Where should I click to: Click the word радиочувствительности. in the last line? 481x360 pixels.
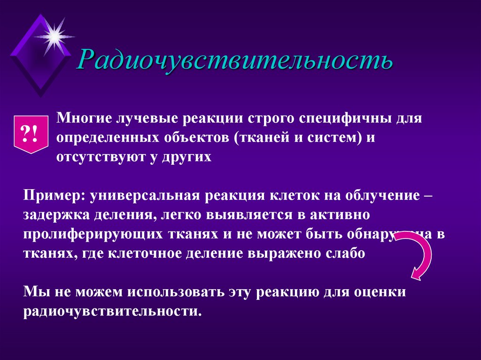tap(112, 311)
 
